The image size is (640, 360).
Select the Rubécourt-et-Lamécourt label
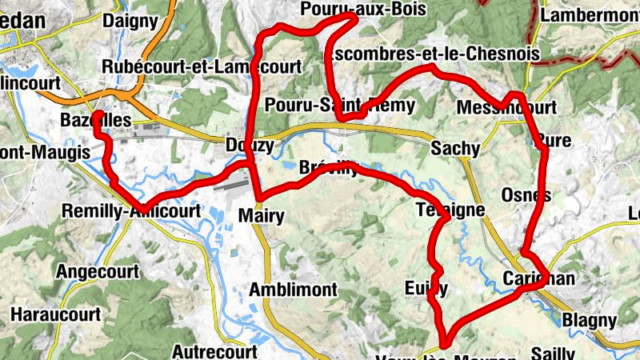point(202,67)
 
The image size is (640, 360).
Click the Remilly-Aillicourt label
point(130,212)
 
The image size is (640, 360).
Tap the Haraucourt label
point(55,314)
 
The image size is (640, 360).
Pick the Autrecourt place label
point(214,351)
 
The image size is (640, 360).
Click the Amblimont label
point(294,289)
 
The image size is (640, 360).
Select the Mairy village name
point(262,215)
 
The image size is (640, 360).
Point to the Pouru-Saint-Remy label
point(340,106)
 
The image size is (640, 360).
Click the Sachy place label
point(455,148)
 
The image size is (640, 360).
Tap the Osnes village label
point(525,195)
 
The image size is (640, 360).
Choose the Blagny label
point(590,321)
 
